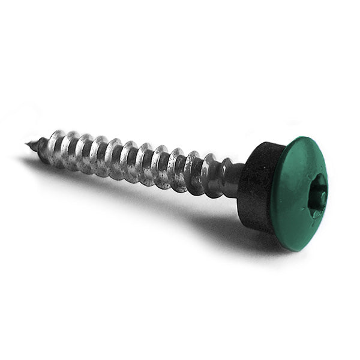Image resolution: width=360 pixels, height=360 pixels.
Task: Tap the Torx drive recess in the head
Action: (317, 193)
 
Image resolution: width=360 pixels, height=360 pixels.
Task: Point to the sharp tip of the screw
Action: (28, 143)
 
